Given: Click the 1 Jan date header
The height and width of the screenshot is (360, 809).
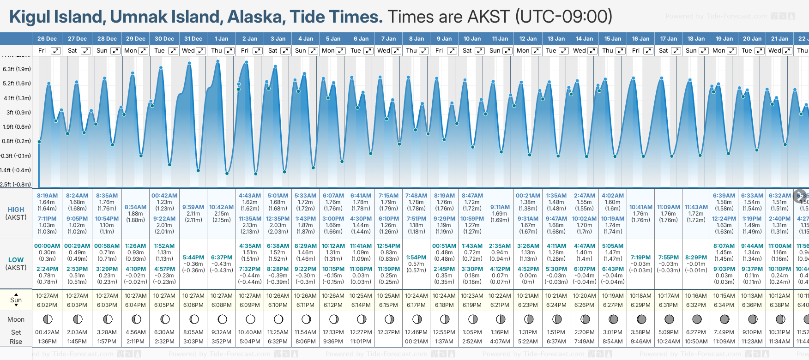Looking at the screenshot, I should tap(221, 39).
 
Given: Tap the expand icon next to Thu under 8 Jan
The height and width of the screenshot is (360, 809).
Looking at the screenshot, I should tap(423, 51).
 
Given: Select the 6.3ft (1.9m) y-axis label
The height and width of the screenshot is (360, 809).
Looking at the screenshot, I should tap(17, 69).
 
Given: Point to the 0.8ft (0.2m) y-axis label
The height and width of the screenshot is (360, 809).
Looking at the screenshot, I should tap(17, 141).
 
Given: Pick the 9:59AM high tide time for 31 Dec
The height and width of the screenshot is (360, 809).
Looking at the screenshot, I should tap(193, 207).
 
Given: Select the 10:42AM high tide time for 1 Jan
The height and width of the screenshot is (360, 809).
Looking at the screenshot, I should tap(221, 207).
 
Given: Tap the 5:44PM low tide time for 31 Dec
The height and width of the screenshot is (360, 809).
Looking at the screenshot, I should tap(193, 258).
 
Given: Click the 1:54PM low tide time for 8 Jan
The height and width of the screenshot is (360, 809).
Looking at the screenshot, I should tap(416, 258).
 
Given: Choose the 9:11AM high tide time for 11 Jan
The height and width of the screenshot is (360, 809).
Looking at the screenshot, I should tap(500, 207).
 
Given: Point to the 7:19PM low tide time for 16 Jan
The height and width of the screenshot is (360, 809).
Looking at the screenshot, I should tap(640, 258).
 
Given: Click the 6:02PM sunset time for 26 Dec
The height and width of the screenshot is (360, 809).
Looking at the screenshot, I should tap(47, 305).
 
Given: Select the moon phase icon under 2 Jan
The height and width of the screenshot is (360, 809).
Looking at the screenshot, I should tap(250, 319).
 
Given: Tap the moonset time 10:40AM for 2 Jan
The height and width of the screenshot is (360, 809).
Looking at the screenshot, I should tap(250, 332).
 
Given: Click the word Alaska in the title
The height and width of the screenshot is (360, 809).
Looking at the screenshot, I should tap(257, 17).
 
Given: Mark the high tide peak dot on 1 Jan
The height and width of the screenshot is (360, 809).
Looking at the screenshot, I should tap(217, 61).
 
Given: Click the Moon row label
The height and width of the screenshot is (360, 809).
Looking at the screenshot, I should tap(16, 319).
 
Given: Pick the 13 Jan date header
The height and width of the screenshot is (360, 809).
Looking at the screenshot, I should tap(556, 39).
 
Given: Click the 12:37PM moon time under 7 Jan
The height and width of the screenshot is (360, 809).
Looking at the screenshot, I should tap(388, 332).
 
